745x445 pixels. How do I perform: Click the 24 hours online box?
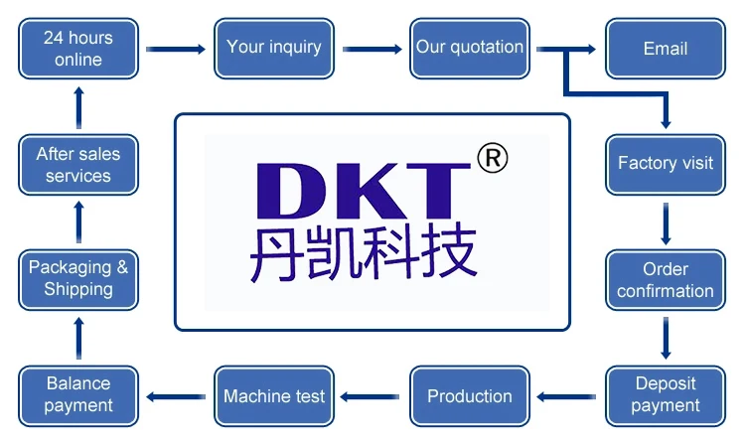pyautogui.click(x=77, y=49)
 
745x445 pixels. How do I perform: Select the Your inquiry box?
pyautogui.click(x=273, y=48)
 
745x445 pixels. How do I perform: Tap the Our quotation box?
pyautogui.click(x=470, y=48)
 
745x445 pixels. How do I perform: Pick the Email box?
pyautogui.click(x=665, y=49)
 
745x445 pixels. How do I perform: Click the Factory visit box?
pyautogui.click(x=665, y=164)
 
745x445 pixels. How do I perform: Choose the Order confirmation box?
pyautogui.click(x=665, y=280)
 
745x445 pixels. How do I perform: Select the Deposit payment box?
pyautogui.click(x=665, y=394)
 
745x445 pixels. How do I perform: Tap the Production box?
pyautogui.click(x=470, y=396)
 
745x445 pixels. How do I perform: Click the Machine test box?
pyautogui.click(x=273, y=396)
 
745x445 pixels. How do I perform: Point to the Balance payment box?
pyautogui.click(x=77, y=394)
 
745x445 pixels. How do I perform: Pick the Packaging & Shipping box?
pyautogui.click(x=77, y=279)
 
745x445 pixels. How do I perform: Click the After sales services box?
pyautogui.click(x=77, y=165)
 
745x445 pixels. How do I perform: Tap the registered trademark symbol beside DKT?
pyautogui.click(x=492, y=158)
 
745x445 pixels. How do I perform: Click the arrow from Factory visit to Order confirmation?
pyautogui.click(x=666, y=222)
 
